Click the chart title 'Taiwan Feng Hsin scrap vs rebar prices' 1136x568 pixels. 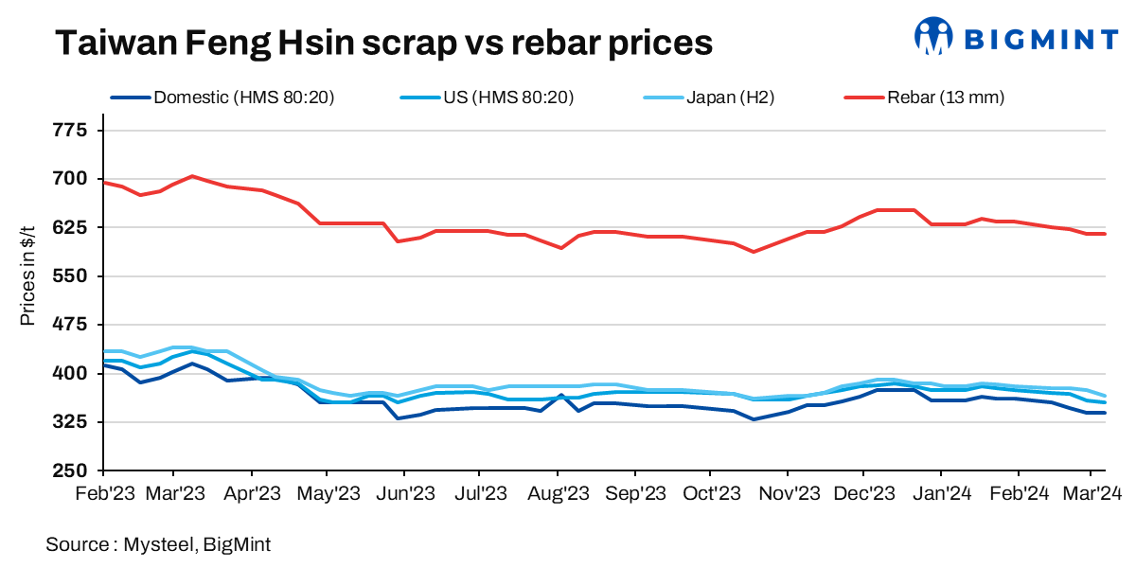(382, 42)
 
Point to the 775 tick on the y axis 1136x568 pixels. (68, 131)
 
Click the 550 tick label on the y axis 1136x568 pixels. (68, 276)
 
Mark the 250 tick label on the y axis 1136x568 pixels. (68, 470)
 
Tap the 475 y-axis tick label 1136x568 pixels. (68, 325)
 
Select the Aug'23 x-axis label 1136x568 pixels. (558, 493)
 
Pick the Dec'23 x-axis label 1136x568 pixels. (863, 493)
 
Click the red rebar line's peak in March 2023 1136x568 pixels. (192, 176)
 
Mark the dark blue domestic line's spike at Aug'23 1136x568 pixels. (560, 395)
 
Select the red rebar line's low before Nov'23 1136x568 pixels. (754, 252)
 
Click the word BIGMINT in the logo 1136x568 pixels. (1040, 39)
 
